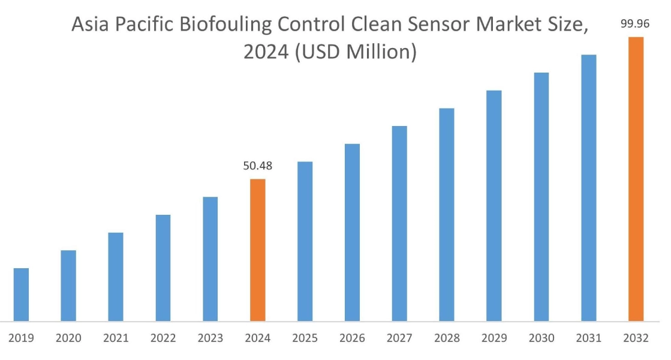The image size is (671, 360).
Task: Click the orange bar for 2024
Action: pyautogui.click(x=257, y=250)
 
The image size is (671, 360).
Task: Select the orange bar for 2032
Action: pyautogui.click(x=635, y=179)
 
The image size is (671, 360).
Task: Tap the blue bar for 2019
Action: pyautogui.click(x=21, y=294)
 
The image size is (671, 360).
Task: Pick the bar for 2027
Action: pyautogui.click(x=399, y=223)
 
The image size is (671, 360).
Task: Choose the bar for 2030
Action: pyautogui.click(x=541, y=196)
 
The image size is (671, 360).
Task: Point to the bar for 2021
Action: pyautogui.click(x=116, y=276)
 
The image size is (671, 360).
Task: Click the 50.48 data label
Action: pyautogui.click(x=257, y=166)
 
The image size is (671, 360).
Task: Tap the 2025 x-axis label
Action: pyautogui.click(x=305, y=338)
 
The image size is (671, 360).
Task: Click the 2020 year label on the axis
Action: pyautogui.click(x=68, y=338)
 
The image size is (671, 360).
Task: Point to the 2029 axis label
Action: pyautogui.click(x=494, y=338)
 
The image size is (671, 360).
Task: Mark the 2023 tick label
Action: pyautogui.click(x=210, y=338)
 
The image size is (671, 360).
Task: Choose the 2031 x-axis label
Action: pyautogui.click(x=588, y=338)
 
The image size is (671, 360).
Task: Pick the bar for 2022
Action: pyautogui.click(x=163, y=267)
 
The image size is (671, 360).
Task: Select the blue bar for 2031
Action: pyautogui.click(x=588, y=187)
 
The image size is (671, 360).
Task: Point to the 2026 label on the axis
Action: pyautogui.click(x=352, y=338)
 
